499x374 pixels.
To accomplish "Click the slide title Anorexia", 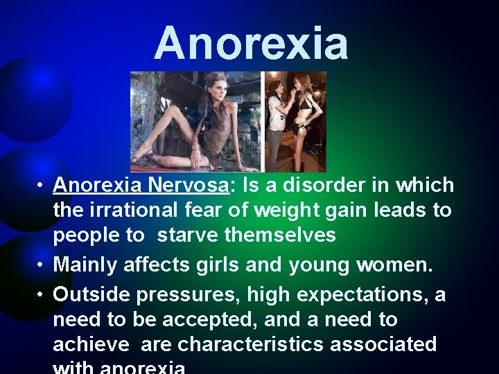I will point(251,43).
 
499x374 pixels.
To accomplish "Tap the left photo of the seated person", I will point(196,121).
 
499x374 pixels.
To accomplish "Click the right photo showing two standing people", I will point(295,121).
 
